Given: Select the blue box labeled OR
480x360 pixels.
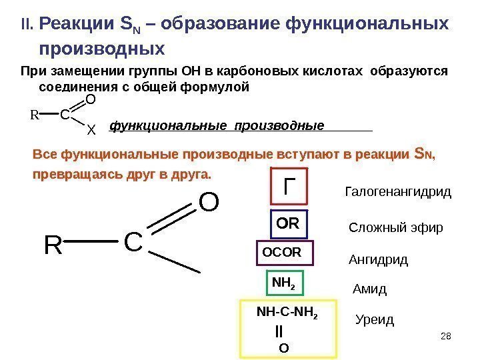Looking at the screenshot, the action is pyautogui.click(x=287, y=224).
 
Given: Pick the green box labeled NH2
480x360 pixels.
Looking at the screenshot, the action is pyautogui.click(x=285, y=283).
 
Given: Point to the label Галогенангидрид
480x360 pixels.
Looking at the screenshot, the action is pyautogui.click(x=398, y=193).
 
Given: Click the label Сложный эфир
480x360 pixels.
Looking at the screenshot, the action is pyautogui.click(x=396, y=228).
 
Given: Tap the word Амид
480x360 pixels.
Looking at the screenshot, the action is pyautogui.click(x=369, y=290).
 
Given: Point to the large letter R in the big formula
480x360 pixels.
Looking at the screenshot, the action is pyautogui.click(x=53, y=246).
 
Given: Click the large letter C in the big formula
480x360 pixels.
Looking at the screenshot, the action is pyautogui.click(x=133, y=243).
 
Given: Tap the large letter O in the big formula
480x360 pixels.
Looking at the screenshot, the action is pyautogui.click(x=209, y=201).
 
